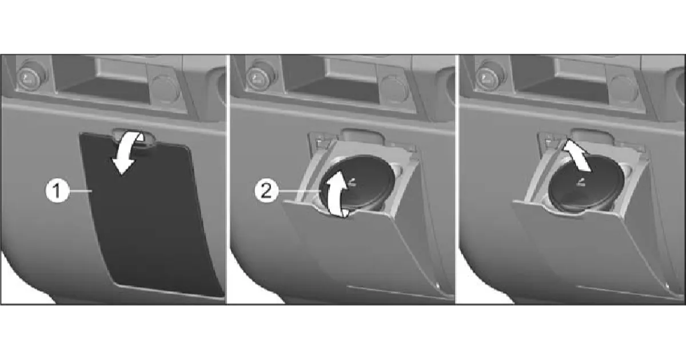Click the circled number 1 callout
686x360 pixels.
57,191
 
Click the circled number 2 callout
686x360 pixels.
266,191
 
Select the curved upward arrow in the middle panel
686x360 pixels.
336,195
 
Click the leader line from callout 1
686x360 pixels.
81,191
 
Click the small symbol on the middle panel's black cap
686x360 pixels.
352,183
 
